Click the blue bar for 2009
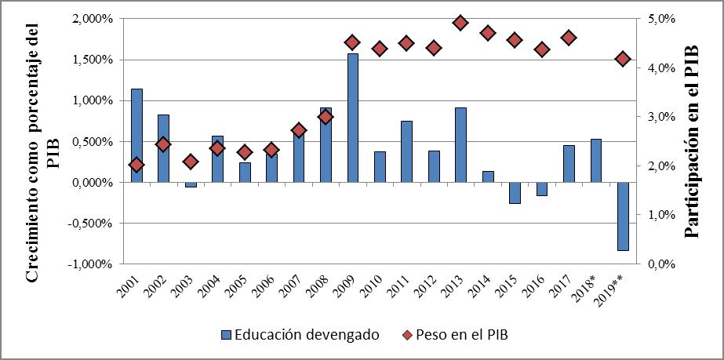coord(353,118)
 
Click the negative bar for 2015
coord(515,193)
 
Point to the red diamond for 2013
coord(460,23)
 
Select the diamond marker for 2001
coord(136,165)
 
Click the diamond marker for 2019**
coord(623,59)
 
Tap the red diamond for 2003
coord(191,162)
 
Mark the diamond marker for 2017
coord(569,38)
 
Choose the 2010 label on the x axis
coord(376,288)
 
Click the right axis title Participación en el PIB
coord(692,141)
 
